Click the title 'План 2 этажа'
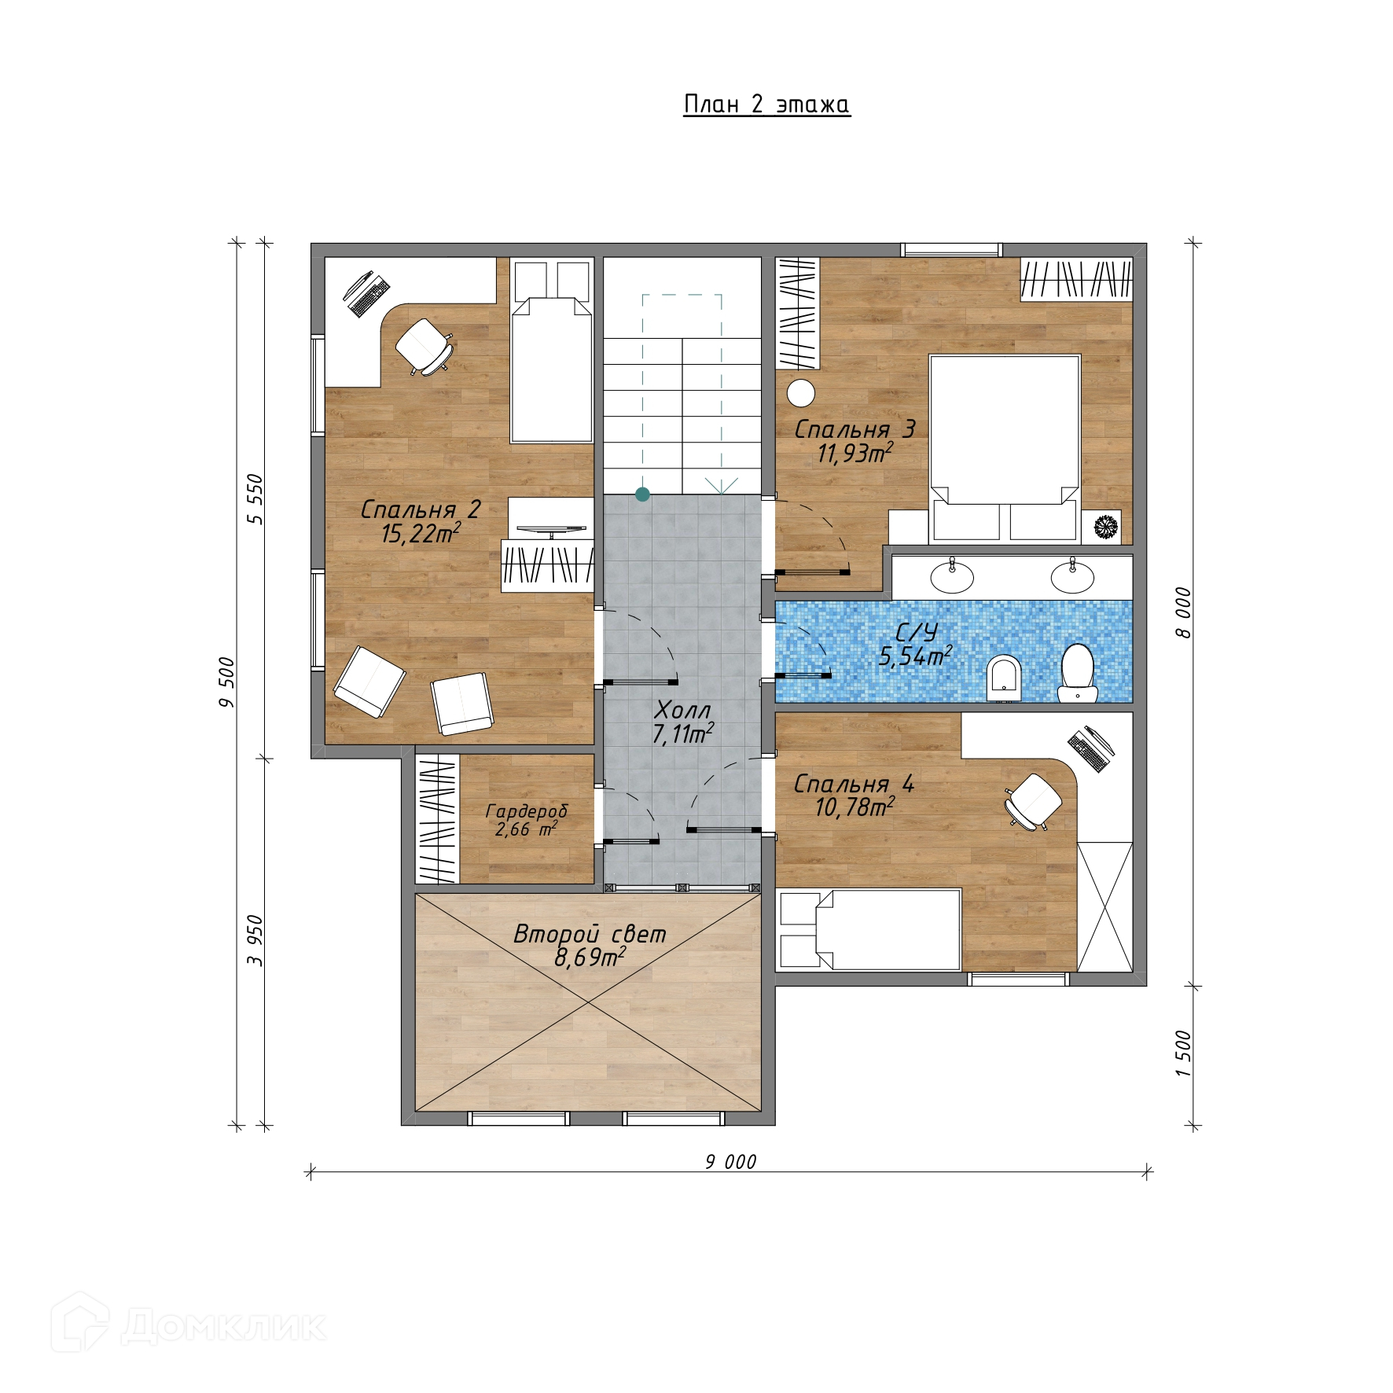click(766, 105)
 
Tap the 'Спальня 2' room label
click(420, 509)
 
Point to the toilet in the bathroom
click(1076, 672)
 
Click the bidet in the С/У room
click(1004, 678)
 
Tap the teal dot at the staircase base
click(642, 494)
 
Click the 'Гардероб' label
click(526, 810)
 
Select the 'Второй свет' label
click(590, 934)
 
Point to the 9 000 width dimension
click(730, 1162)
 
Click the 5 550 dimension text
click(255, 498)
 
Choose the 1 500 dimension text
click(1184, 1053)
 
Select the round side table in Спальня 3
click(802, 393)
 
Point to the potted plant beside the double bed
click(1107, 526)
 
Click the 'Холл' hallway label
click(682, 711)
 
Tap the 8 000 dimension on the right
click(1184, 612)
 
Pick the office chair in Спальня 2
click(424, 346)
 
